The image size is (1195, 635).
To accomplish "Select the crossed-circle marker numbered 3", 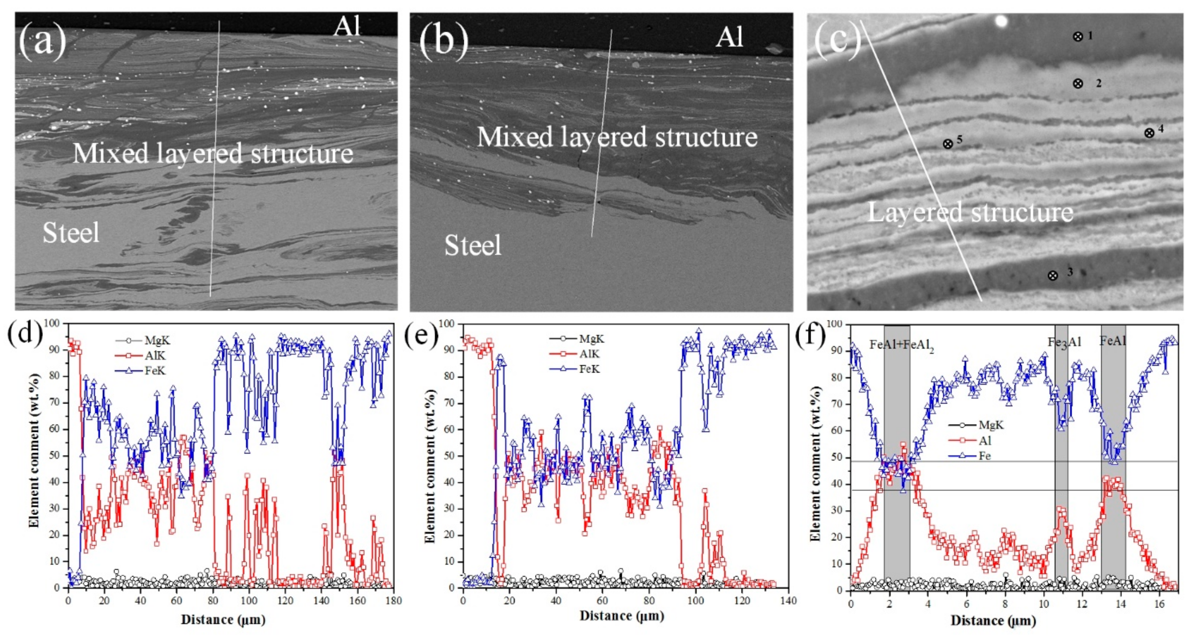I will (x=1053, y=275).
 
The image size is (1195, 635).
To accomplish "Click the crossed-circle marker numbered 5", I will (x=948, y=144).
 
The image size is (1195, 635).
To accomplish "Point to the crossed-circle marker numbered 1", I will (x=1078, y=37).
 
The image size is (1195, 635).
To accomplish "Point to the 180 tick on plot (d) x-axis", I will (x=393, y=600).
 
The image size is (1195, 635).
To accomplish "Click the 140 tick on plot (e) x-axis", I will (x=788, y=600).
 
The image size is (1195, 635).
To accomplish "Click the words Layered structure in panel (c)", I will (x=971, y=213).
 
